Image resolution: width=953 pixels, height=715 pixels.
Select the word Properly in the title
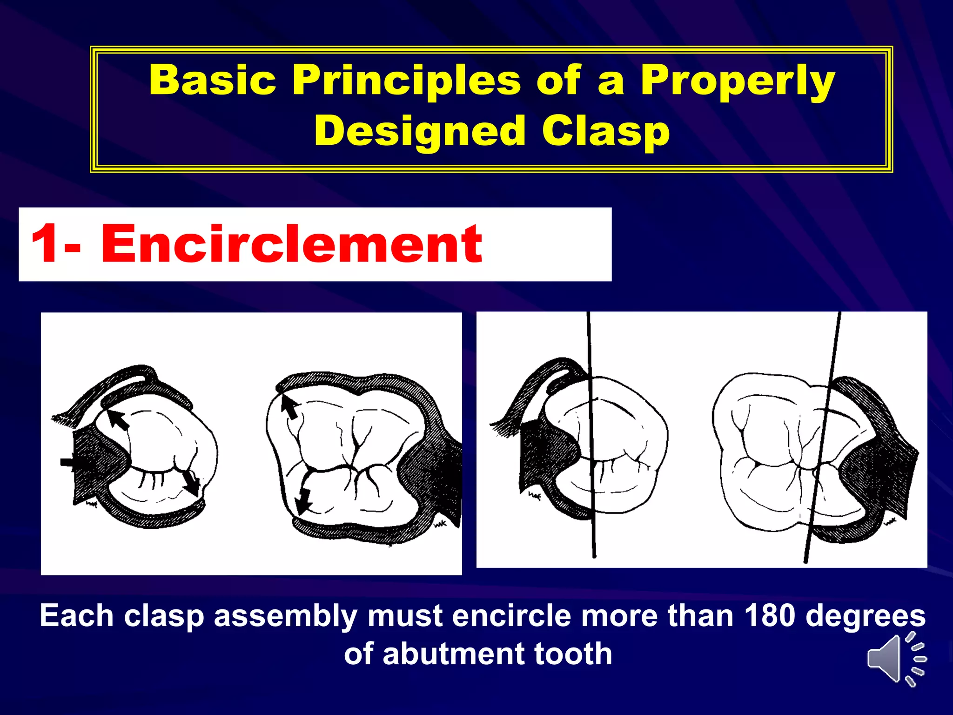pyautogui.click(x=738, y=80)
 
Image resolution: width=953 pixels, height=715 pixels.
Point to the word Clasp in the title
pyautogui.click(x=605, y=131)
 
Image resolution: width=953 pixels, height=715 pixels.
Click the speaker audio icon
pyautogui.click(x=896, y=659)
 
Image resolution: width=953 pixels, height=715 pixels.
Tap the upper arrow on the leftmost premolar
pyautogui.click(x=118, y=419)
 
